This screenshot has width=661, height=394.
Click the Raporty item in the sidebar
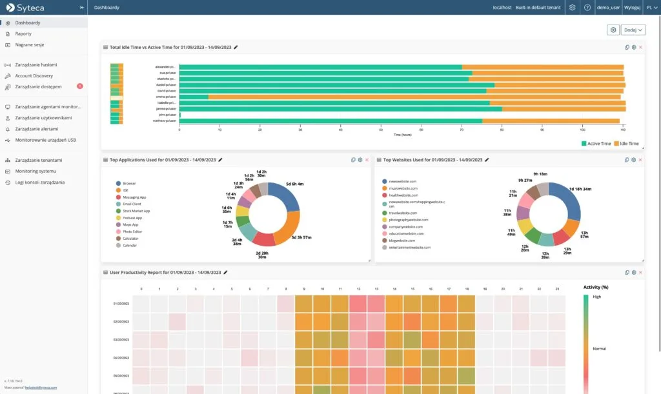tap(23, 34)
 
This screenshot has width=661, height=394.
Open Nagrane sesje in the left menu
tap(29, 44)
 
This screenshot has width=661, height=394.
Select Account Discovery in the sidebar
tap(34, 75)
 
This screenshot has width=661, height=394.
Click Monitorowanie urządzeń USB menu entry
tap(45, 139)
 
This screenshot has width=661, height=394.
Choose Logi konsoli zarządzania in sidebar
tap(39, 182)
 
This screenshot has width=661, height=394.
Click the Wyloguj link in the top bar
tap(633, 7)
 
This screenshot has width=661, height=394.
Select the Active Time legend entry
tap(596, 144)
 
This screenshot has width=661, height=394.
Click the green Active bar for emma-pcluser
tap(194, 97)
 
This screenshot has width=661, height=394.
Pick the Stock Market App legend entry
tap(136, 211)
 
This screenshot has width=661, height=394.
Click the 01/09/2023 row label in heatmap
tap(121, 303)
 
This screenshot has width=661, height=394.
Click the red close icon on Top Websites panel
tap(641, 160)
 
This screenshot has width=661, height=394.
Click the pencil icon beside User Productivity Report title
tap(225, 273)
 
